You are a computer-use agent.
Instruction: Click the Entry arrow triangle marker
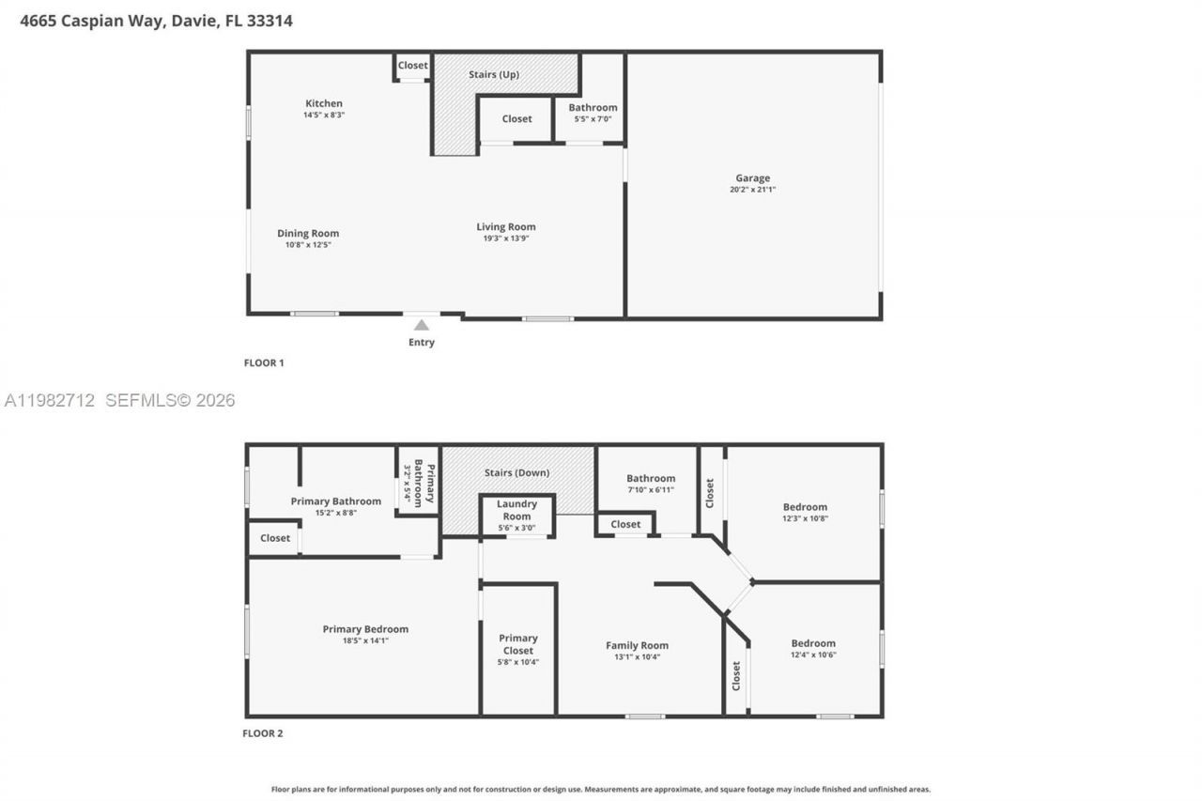422,325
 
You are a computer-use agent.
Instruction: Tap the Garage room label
752,177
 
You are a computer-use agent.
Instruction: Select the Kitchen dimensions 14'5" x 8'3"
324,115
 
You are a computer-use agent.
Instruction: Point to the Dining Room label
308,233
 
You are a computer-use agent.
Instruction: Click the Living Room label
505,226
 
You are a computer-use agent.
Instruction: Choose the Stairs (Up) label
494,74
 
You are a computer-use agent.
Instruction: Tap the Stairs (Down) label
516,472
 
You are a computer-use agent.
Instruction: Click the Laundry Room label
516,510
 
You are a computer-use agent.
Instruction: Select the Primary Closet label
518,644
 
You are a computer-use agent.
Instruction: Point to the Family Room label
637,645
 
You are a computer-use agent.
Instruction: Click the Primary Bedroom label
365,629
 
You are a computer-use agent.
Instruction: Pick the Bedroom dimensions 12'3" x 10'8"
805,518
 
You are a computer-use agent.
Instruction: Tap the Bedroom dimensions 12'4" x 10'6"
812,655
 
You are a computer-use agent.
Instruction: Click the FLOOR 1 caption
263,362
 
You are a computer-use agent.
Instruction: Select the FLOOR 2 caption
262,733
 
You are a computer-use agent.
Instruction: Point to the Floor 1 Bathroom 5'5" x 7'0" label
593,112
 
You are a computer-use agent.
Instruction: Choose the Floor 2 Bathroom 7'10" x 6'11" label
651,483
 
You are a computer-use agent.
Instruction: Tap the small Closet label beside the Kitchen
412,65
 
